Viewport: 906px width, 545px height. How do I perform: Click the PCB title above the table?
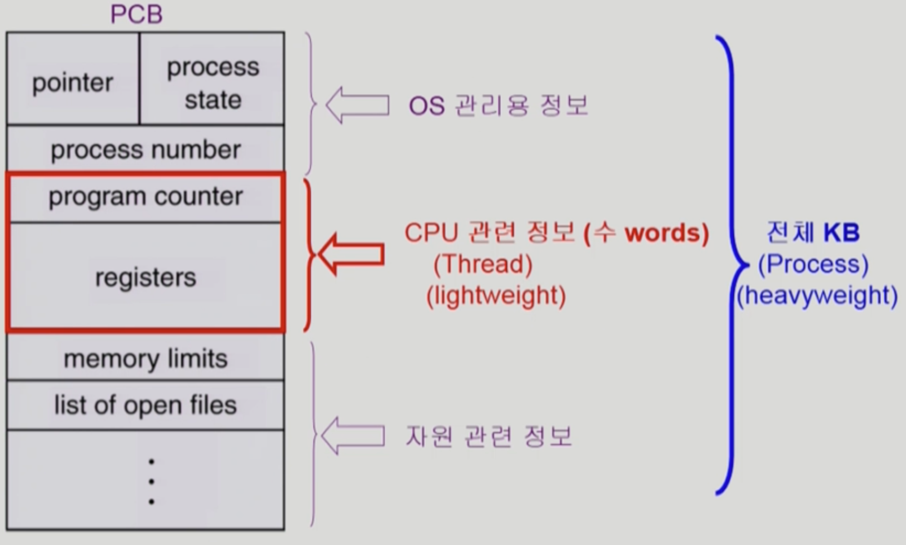[136, 14]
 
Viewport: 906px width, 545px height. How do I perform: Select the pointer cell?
[72, 83]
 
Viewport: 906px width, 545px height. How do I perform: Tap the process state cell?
[213, 83]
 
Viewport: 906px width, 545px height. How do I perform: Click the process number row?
[146, 150]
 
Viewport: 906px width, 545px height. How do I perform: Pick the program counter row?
[146, 197]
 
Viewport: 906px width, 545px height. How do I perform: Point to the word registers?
[146, 277]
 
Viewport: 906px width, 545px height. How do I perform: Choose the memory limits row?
[146, 359]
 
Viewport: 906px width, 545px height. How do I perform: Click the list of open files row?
[146, 405]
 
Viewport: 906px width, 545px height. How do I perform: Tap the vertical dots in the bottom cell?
[151, 481]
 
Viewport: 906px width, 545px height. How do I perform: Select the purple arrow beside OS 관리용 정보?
[357, 105]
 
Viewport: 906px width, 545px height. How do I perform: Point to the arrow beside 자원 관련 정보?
[353, 436]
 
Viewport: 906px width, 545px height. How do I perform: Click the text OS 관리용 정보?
[499, 105]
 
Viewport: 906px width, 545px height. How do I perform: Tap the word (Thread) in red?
[482, 264]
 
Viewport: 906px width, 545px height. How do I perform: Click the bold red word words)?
[666, 232]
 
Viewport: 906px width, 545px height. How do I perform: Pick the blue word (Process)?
[813, 264]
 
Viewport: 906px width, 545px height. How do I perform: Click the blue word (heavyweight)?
[817, 295]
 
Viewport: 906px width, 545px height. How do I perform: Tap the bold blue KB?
[841, 232]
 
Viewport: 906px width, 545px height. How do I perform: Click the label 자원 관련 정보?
[489, 436]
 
